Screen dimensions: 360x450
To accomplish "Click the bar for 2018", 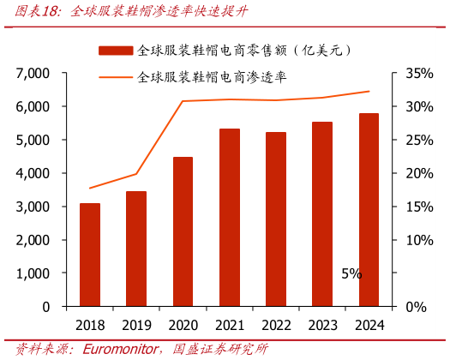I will point(90,255).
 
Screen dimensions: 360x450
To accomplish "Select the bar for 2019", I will point(136,249).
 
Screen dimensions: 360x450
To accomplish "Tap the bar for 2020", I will point(183,231).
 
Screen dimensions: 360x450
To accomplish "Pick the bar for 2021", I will point(230,218).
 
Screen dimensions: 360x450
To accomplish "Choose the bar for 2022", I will point(276,219).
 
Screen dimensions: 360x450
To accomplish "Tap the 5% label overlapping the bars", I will point(351,274).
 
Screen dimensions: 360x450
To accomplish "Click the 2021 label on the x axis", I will point(230,325).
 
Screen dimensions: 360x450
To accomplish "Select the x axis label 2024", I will point(369,325).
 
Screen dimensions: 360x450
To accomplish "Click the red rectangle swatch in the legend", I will point(116,51).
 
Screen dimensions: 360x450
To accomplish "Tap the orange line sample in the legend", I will point(116,77).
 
